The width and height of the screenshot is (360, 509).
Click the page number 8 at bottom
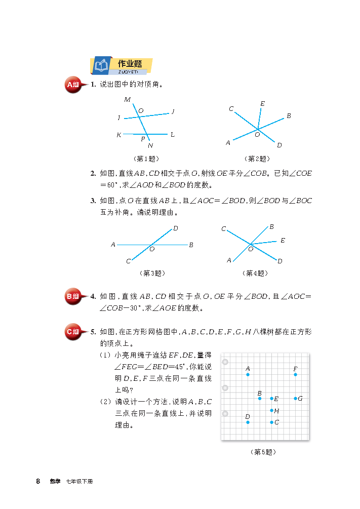click(x=38, y=481)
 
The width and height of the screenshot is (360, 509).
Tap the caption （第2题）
click(x=257, y=159)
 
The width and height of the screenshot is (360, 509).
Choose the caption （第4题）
click(x=255, y=273)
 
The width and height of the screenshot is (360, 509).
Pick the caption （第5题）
click(x=264, y=452)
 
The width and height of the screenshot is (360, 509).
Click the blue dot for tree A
click(x=248, y=375)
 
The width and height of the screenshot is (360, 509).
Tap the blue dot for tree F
click(x=295, y=375)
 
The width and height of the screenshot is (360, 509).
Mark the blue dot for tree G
click(x=295, y=399)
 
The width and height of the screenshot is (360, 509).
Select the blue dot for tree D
click(x=248, y=422)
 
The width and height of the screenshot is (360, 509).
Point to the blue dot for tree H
click(x=271, y=410)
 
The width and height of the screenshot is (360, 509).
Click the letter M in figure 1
click(x=127, y=99)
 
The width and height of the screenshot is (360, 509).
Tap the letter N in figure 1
click(x=150, y=146)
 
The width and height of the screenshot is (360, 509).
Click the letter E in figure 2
click(x=262, y=104)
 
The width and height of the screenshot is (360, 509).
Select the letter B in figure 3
click(x=191, y=245)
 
